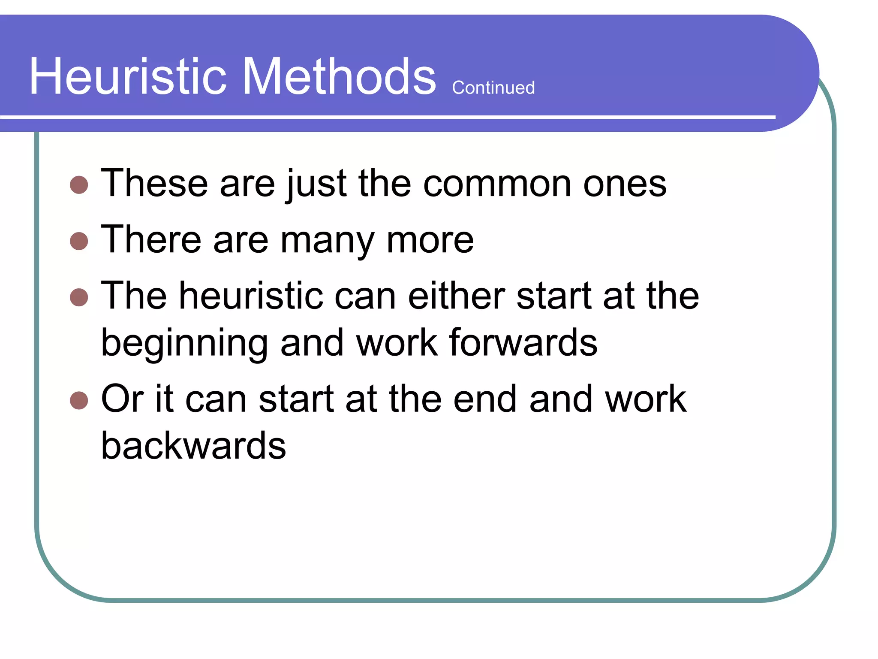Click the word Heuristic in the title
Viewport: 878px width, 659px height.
[128, 77]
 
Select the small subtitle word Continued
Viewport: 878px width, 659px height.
[493, 88]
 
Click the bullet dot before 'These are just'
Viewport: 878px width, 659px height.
[79, 185]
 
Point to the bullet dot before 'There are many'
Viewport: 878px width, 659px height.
[79, 241]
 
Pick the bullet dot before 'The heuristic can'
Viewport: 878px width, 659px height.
[79, 297]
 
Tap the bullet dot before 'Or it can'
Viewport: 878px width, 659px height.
[79, 400]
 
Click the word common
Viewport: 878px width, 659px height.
[497, 184]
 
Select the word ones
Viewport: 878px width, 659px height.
[625, 184]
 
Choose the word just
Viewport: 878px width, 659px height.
[316, 184]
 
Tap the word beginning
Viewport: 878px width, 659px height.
[184, 343]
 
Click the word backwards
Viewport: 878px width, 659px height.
[193, 446]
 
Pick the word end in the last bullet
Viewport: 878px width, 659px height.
[485, 399]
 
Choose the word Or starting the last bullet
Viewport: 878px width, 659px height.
[122, 399]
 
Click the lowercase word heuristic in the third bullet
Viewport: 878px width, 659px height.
[251, 296]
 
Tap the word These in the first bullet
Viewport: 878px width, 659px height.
[154, 184]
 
